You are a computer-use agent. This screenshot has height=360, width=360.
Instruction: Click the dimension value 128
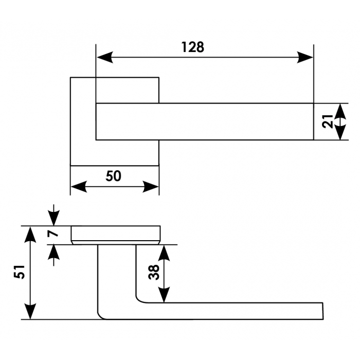193,47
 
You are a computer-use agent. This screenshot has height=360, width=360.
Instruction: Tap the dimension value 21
325,121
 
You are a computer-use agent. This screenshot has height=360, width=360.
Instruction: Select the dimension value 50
114,176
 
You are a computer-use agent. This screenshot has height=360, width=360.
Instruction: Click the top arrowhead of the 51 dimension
31,233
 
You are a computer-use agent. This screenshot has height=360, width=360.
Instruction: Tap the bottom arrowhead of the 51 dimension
31,312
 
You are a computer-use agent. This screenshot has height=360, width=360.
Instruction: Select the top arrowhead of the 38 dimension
164,252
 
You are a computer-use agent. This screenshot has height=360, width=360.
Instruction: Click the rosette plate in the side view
116,235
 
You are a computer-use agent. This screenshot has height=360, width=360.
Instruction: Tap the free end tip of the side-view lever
322,311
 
